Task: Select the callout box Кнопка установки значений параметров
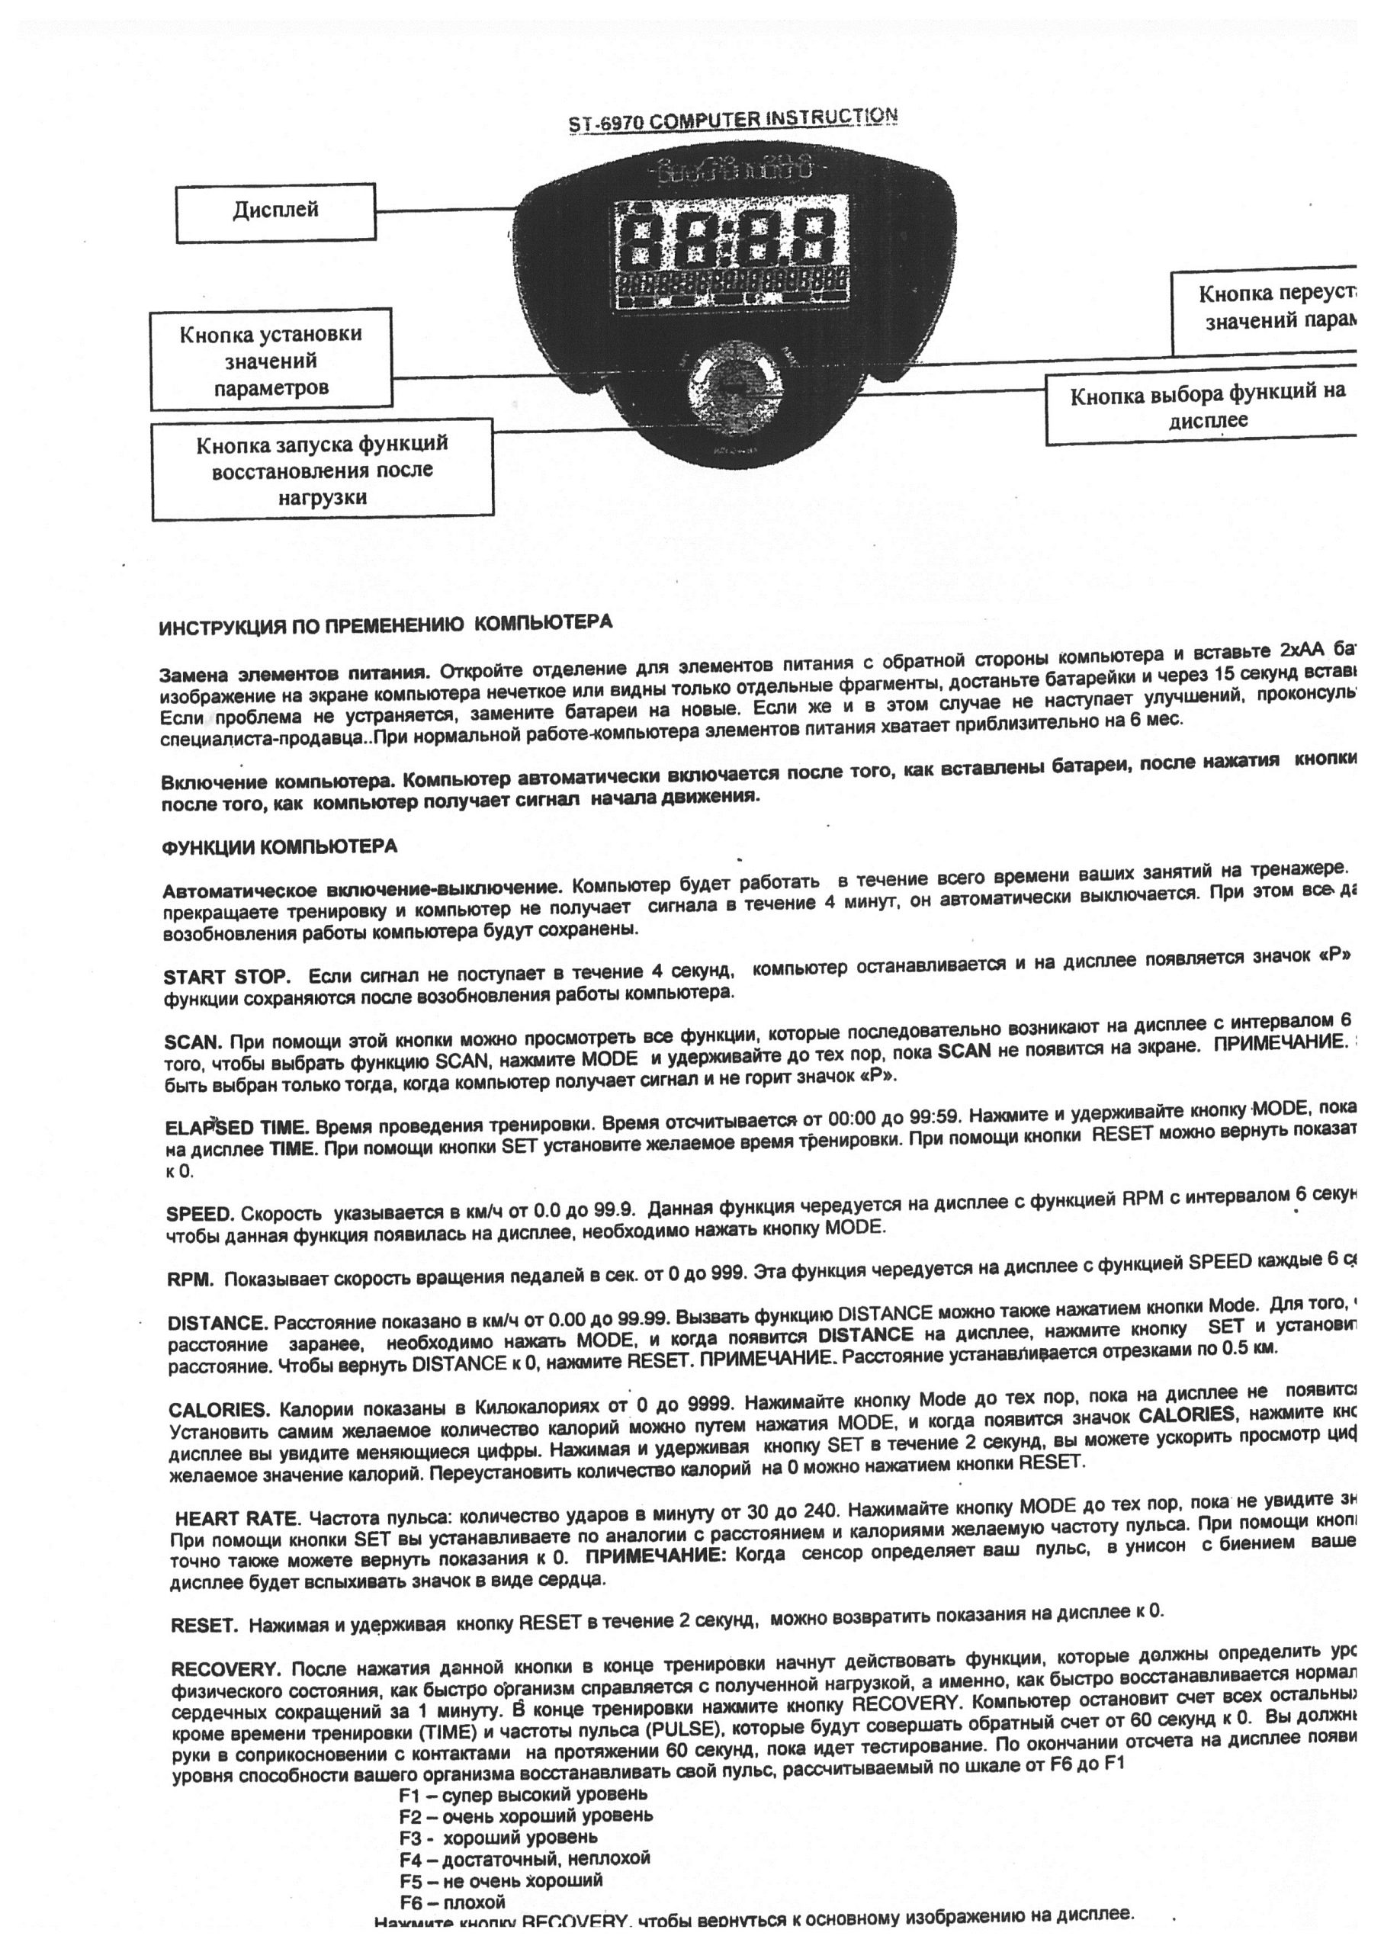tap(271, 361)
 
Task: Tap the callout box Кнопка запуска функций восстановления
tap(322, 470)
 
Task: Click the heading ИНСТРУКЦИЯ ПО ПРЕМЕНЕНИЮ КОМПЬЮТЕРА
tap(385, 624)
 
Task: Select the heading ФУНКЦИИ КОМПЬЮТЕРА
tap(280, 847)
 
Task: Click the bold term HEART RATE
tap(237, 1518)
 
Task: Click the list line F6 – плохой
tap(451, 1902)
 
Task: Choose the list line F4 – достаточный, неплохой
tap(524, 1858)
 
